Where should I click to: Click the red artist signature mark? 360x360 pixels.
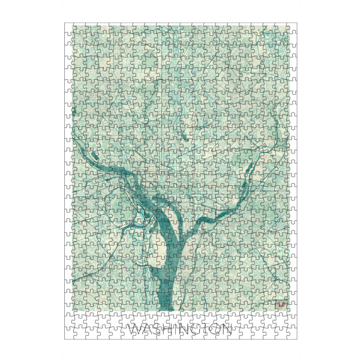pos(280,305)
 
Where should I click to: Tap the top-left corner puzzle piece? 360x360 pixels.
pos(69,28)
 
